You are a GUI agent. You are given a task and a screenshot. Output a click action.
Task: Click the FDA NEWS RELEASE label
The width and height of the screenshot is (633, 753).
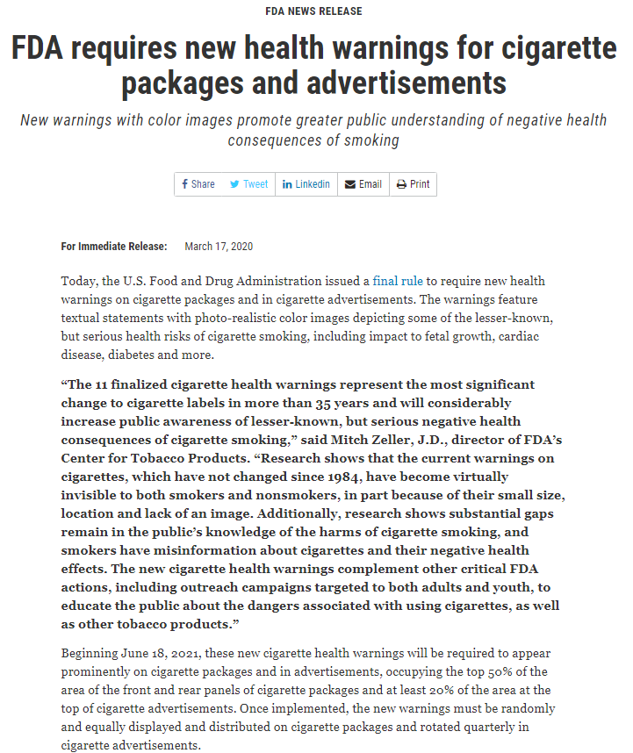pyautogui.click(x=313, y=11)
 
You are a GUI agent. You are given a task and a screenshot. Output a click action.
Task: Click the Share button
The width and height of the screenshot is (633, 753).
pyautogui.click(x=198, y=184)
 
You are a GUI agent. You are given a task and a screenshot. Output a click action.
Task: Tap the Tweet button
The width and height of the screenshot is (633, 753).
pyautogui.click(x=249, y=184)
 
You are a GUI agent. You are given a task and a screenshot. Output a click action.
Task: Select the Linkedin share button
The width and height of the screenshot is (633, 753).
pyautogui.click(x=306, y=184)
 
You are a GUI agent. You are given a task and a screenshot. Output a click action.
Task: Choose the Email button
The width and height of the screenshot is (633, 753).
pyautogui.click(x=363, y=184)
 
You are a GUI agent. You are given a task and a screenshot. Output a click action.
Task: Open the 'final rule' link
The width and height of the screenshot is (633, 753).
pyautogui.click(x=398, y=281)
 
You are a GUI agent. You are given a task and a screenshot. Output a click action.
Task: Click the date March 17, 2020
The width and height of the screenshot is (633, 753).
pyautogui.click(x=219, y=247)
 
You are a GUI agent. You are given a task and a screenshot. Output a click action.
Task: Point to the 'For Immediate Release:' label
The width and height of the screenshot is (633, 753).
pyautogui.click(x=114, y=247)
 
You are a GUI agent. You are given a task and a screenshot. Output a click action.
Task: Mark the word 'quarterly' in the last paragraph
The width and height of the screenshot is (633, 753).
pyautogui.click(x=495, y=725)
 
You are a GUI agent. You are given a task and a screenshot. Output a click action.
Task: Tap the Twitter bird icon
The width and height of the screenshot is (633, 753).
pyautogui.click(x=234, y=184)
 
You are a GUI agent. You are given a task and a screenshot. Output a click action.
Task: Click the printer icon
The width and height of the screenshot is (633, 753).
pyautogui.click(x=401, y=184)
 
